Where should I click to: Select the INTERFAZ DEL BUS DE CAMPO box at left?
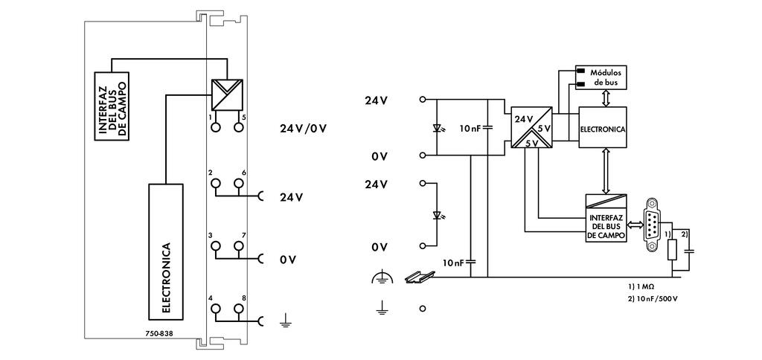(x=111, y=105)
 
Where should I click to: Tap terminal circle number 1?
(x=216, y=128)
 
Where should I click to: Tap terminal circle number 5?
(x=238, y=128)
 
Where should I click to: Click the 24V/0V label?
(x=303, y=128)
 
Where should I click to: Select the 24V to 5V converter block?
(x=530, y=129)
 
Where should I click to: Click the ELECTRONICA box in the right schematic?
(x=603, y=129)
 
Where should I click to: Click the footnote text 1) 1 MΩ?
(x=640, y=286)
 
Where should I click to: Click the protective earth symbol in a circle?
(x=381, y=278)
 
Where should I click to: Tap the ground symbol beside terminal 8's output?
(x=284, y=321)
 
